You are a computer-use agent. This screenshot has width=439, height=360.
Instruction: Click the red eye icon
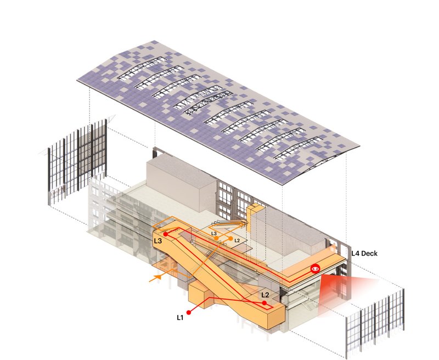[x=315, y=268]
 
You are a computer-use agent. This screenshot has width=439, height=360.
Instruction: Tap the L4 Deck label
[x=364, y=254]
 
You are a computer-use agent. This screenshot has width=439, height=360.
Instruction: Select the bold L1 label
[x=180, y=318]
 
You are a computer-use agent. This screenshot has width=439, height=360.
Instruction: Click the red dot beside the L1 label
[x=189, y=312]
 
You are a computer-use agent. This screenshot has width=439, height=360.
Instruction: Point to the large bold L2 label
[x=265, y=295]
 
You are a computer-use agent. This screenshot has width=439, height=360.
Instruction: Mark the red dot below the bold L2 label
[x=264, y=303]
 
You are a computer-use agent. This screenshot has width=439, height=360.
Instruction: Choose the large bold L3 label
[x=158, y=241]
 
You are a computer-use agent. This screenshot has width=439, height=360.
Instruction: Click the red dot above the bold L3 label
[x=166, y=234]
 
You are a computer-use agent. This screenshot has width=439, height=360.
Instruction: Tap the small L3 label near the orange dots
[x=214, y=233]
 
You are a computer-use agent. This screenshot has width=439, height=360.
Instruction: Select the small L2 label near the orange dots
[x=237, y=240]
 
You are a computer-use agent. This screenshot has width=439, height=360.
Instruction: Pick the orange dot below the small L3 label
[x=216, y=238]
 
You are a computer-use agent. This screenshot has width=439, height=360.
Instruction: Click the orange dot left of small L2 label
[x=230, y=239]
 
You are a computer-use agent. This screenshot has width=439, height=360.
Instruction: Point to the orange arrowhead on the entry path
[x=159, y=277]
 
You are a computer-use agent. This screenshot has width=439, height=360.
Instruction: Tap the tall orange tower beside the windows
[x=254, y=218]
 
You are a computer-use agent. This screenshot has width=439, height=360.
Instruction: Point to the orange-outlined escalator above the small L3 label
[x=230, y=223]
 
